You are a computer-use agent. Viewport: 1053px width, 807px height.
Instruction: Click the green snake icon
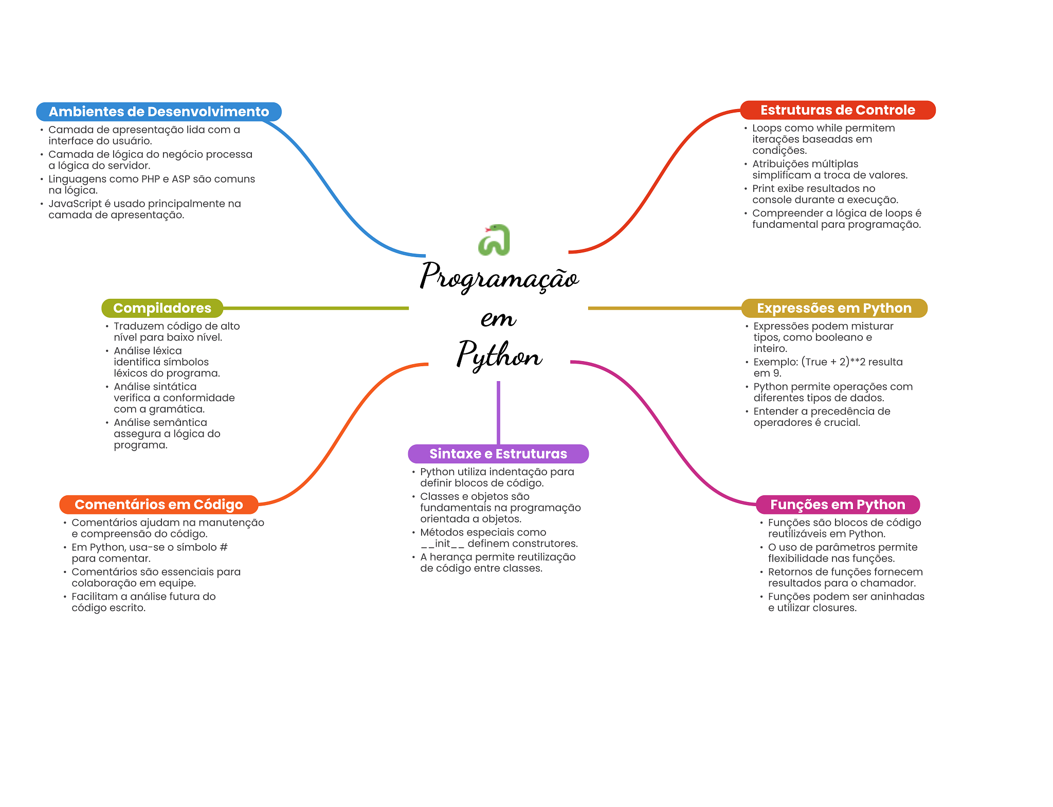(x=494, y=240)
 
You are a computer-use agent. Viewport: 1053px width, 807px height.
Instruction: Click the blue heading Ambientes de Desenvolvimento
(x=158, y=112)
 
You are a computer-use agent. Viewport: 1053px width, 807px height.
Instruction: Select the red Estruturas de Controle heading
(x=837, y=110)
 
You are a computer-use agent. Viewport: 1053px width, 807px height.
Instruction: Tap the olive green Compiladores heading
(x=162, y=308)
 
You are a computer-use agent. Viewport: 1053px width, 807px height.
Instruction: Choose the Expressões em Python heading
(x=833, y=308)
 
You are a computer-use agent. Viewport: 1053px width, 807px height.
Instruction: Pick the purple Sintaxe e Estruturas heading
(x=498, y=454)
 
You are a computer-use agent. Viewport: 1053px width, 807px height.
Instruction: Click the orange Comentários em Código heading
(x=158, y=505)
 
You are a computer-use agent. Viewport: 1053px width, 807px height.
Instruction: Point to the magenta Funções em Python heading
(x=837, y=505)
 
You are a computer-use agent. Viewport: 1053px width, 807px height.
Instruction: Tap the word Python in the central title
(x=499, y=355)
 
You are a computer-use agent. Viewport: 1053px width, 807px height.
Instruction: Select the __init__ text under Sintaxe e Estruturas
(x=442, y=544)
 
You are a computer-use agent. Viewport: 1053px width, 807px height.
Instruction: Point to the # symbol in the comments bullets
(x=224, y=547)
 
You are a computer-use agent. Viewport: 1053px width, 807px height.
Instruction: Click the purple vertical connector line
(x=498, y=411)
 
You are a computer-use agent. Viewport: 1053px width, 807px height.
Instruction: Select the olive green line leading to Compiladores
(x=316, y=308)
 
